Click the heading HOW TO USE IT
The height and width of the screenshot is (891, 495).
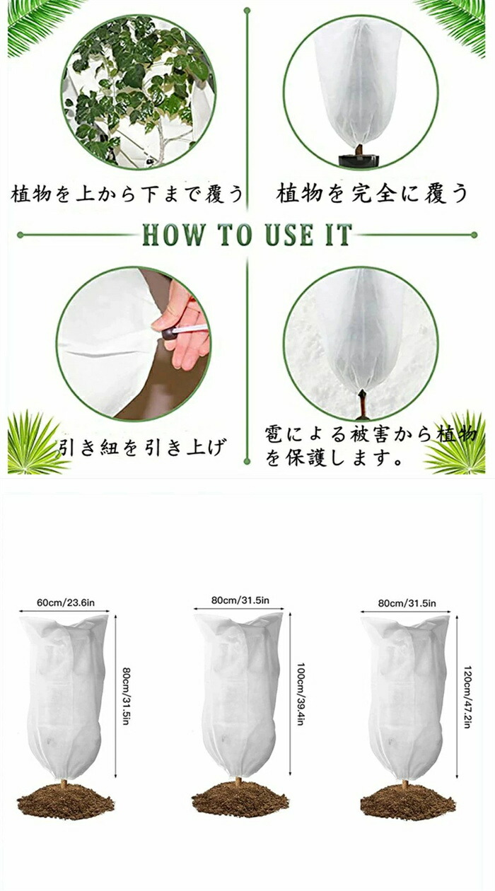247,234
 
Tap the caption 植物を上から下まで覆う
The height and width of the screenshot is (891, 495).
127,194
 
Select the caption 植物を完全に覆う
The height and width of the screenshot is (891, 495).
372,193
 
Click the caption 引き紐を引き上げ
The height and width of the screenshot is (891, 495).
141,447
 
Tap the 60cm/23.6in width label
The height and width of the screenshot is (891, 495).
66,602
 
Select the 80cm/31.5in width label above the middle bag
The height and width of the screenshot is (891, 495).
240,600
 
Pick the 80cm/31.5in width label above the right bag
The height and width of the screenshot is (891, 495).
407,603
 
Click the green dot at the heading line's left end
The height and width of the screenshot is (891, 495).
21,235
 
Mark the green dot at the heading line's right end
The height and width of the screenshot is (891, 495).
474,235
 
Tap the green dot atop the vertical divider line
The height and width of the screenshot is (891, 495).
247,11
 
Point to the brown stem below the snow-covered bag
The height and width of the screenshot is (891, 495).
363,404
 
